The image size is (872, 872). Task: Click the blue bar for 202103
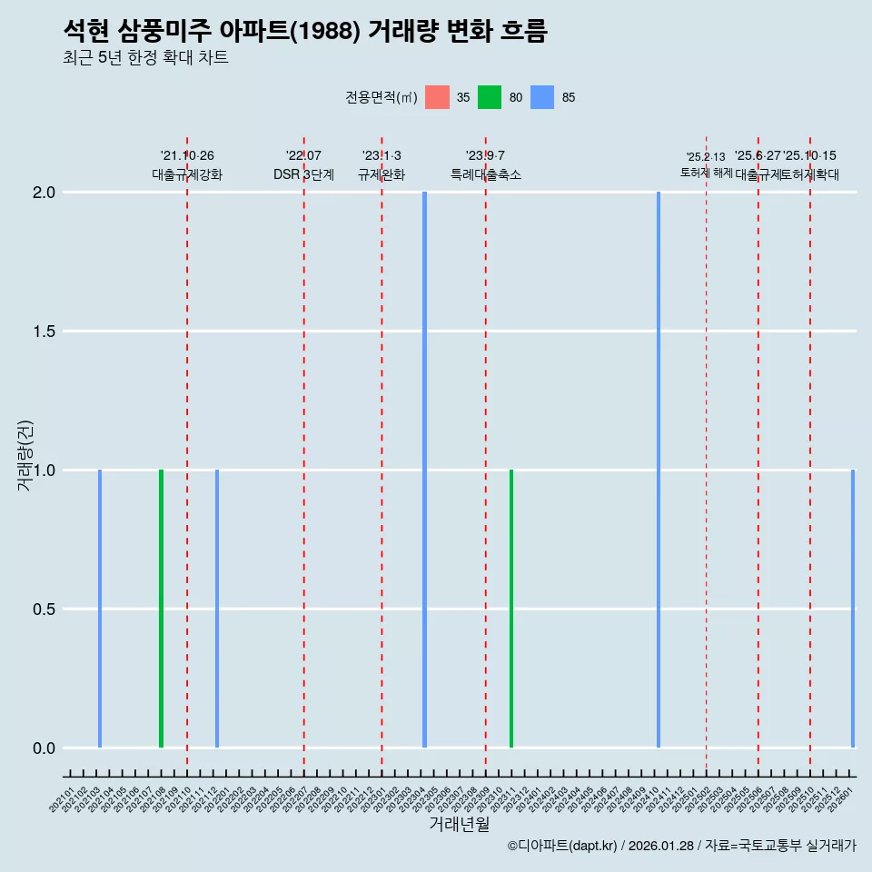pyautogui.click(x=100, y=609)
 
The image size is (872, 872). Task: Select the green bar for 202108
pyautogui.click(x=161, y=609)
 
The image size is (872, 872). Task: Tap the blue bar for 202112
pyautogui.click(x=217, y=609)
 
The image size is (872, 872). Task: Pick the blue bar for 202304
pyautogui.click(x=424, y=470)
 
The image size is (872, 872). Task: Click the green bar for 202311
pyautogui.click(x=511, y=609)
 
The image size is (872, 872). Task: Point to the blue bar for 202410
pyautogui.click(x=659, y=470)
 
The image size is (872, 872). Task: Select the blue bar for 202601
pyautogui.click(x=853, y=609)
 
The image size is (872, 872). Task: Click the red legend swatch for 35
pyautogui.click(x=438, y=97)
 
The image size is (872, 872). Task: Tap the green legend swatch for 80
pyautogui.click(x=490, y=97)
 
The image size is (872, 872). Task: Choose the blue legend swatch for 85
pyautogui.click(x=542, y=97)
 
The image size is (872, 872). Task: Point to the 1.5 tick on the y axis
pyautogui.click(x=43, y=332)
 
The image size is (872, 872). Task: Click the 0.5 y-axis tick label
pyautogui.click(x=43, y=609)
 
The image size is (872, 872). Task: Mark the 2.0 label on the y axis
pyautogui.click(x=43, y=193)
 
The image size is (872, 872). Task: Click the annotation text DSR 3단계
pyautogui.click(x=303, y=174)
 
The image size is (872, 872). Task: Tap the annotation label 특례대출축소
pyautogui.click(x=486, y=174)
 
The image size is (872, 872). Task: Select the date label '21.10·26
pyautogui.click(x=187, y=156)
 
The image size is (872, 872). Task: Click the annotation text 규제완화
pyautogui.click(x=381, y=174)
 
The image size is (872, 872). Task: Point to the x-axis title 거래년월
pyautogui.click(x=460, y=825)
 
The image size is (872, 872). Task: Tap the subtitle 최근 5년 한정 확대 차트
pyautogui.click(x=145, y=58)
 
